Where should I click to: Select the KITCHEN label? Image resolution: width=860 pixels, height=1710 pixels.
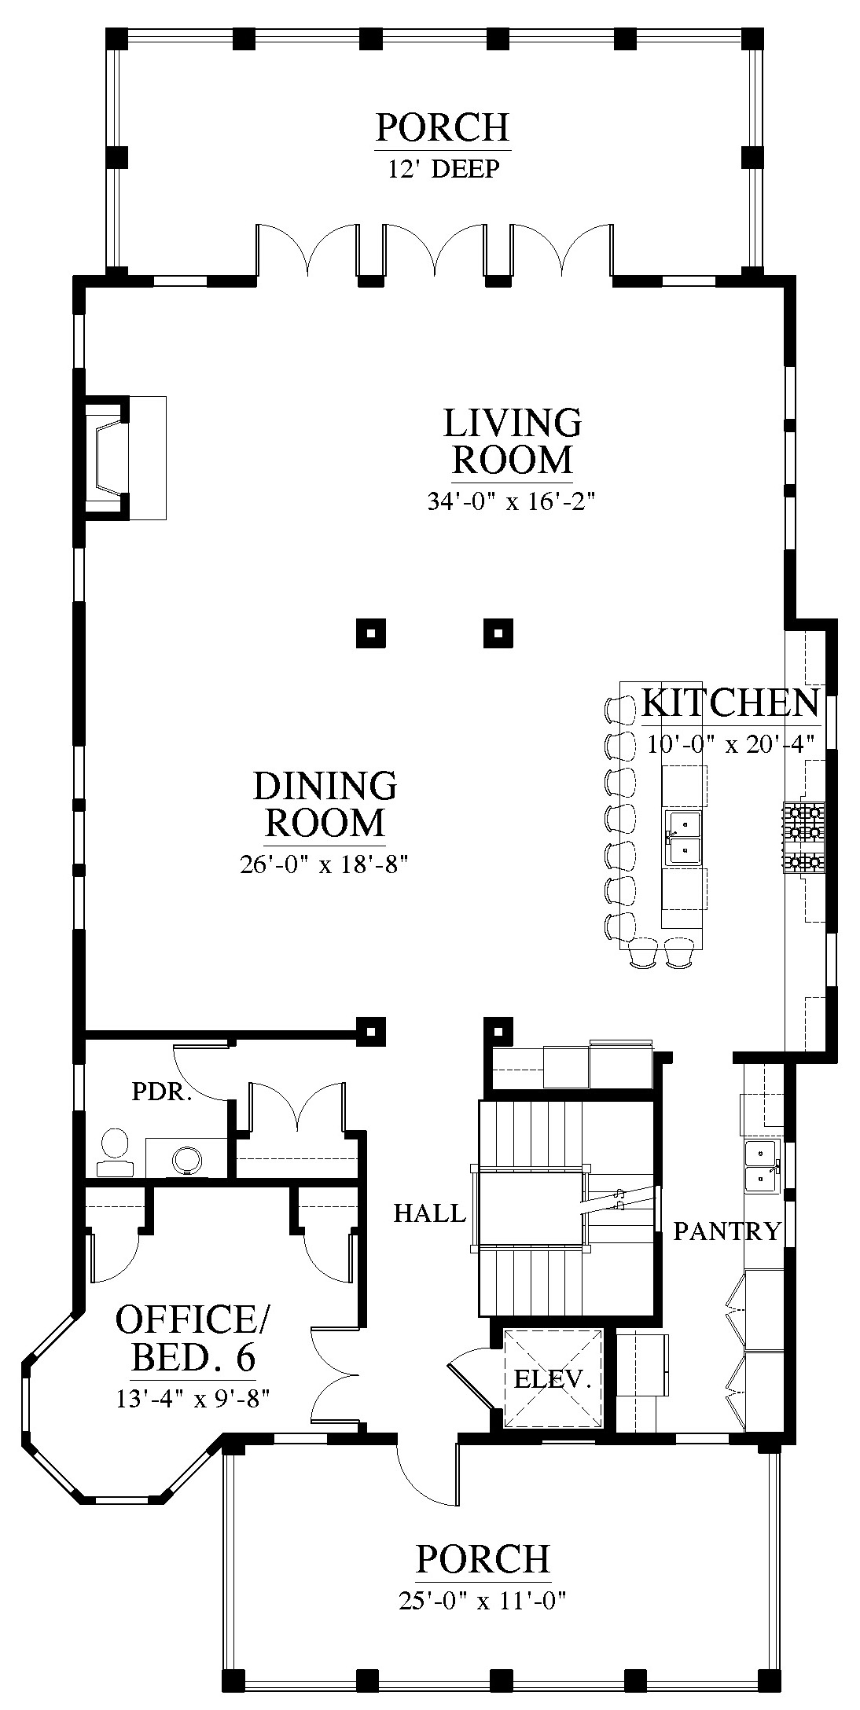[730, 703]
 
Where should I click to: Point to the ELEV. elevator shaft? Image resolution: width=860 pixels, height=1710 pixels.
[553, 1378]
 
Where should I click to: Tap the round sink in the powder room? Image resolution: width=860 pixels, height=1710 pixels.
[188, 1158]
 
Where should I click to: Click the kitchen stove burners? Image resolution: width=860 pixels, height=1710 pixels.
[802, 837]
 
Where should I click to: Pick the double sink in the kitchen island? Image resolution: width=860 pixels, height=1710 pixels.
[682, 837]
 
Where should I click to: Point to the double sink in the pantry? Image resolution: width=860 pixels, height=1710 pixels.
[761, 1165]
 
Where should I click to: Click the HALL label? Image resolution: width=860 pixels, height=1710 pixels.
[429, 1214]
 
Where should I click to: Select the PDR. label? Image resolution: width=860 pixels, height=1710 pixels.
[162, 1092]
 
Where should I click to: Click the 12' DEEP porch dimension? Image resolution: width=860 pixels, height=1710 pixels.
[443, 170]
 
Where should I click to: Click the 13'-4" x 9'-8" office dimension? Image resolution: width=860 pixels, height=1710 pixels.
[193, 1400]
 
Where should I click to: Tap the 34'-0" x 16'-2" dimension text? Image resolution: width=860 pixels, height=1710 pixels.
[512, 501]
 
